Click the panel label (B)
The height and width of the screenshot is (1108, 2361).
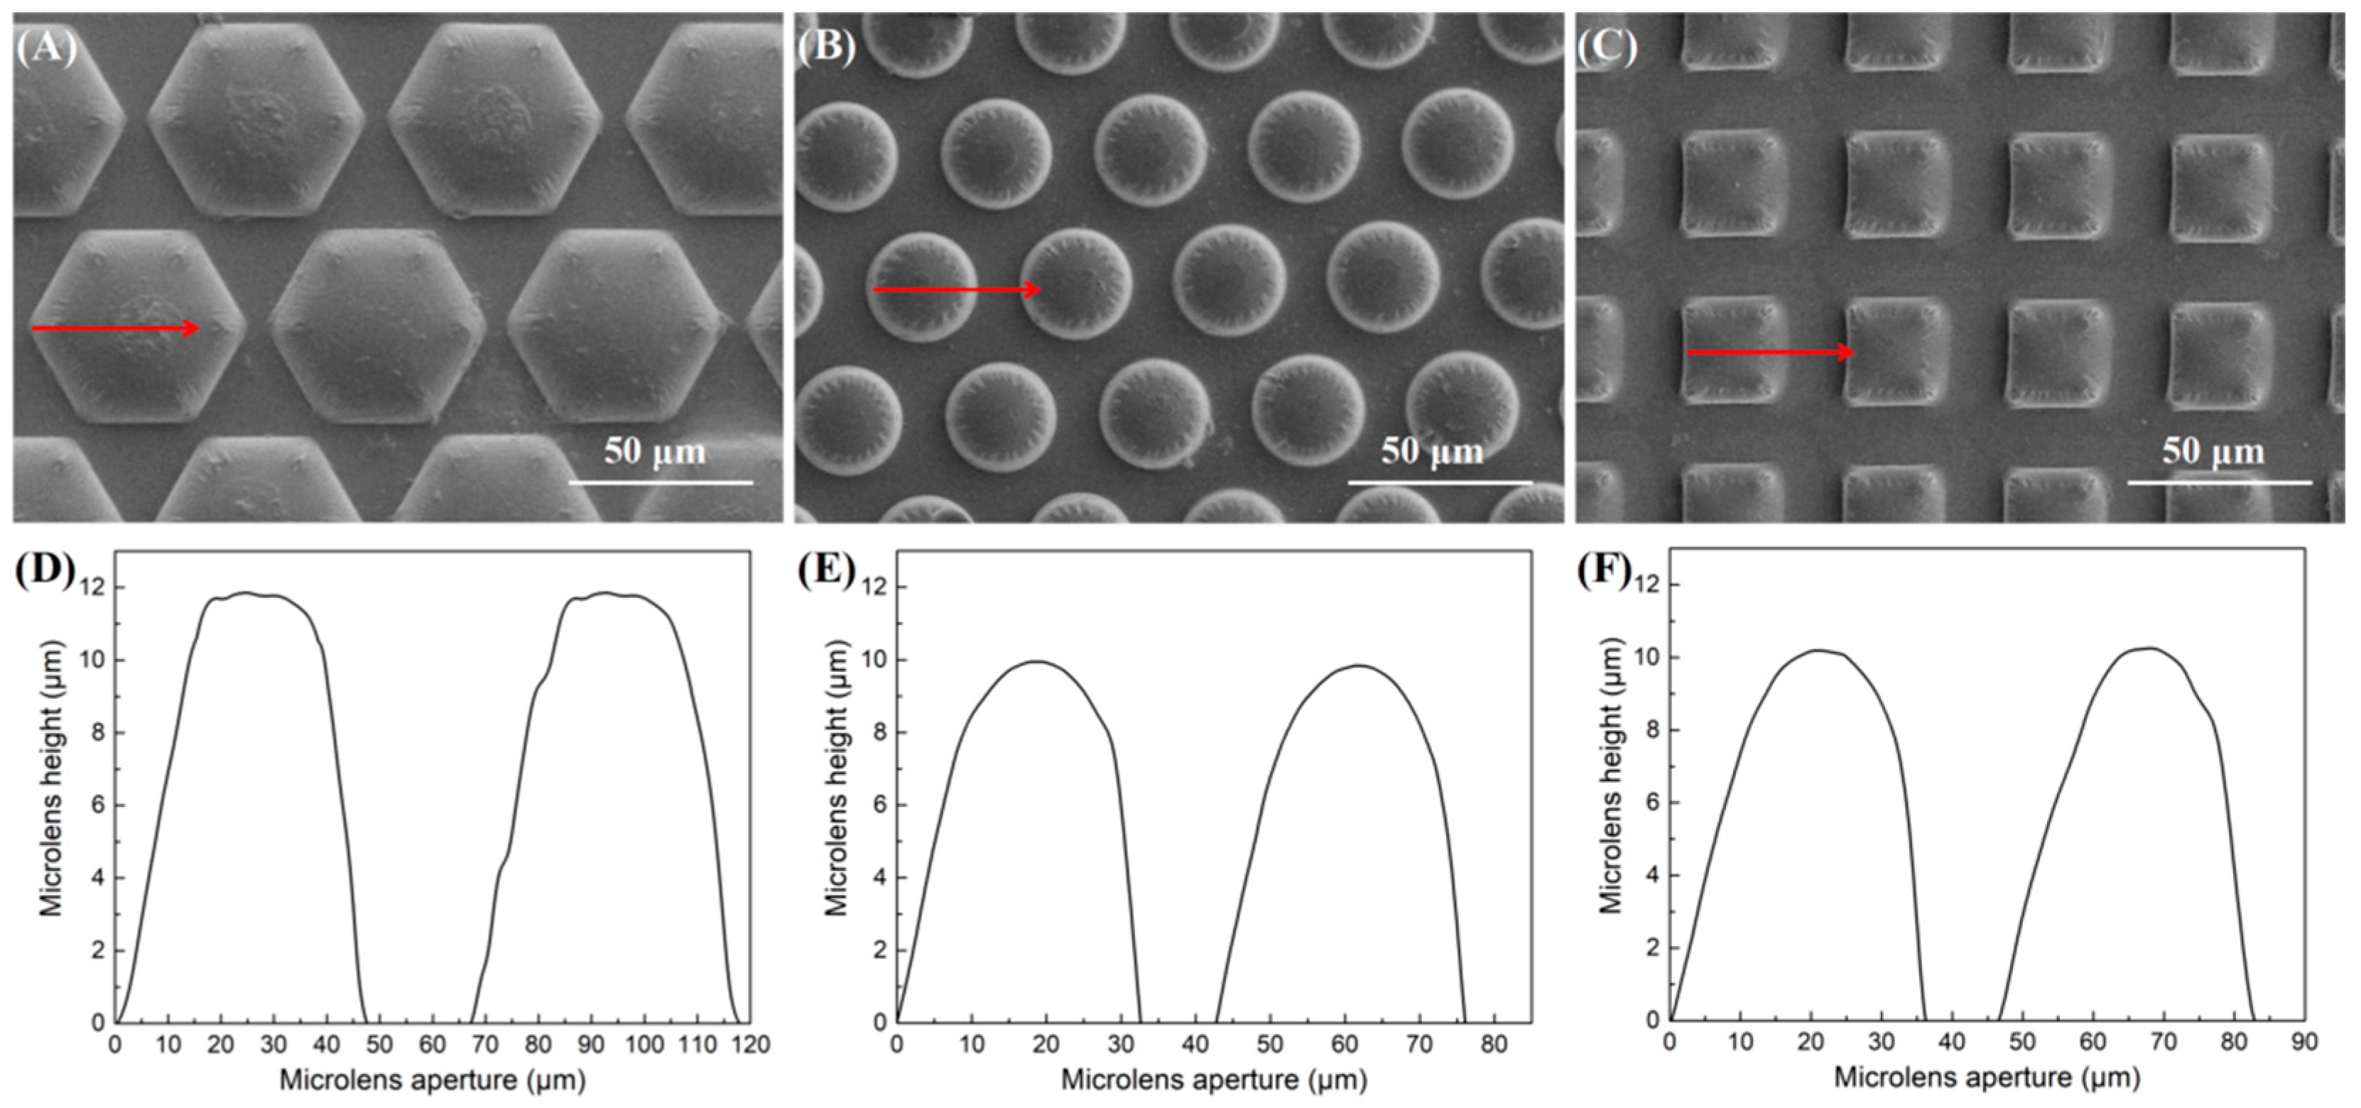pos(826,47)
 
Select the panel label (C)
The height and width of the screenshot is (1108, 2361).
pos(1607,47)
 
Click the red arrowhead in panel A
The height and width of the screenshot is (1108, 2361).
pos(190,328)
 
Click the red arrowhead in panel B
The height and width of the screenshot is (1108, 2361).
pos(1031,290)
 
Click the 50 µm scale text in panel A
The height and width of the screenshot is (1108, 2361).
pos(654,452)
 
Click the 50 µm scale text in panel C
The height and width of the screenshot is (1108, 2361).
pos(2213,452)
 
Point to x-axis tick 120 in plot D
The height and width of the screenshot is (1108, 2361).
pos(751,1045)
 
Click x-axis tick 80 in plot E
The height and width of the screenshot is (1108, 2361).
pos(1494,1045)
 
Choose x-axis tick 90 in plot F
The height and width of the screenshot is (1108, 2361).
pos(2304,1042)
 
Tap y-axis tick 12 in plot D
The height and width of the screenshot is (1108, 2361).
pos(92,587)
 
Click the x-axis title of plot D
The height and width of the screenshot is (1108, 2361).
pos(432,1080)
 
